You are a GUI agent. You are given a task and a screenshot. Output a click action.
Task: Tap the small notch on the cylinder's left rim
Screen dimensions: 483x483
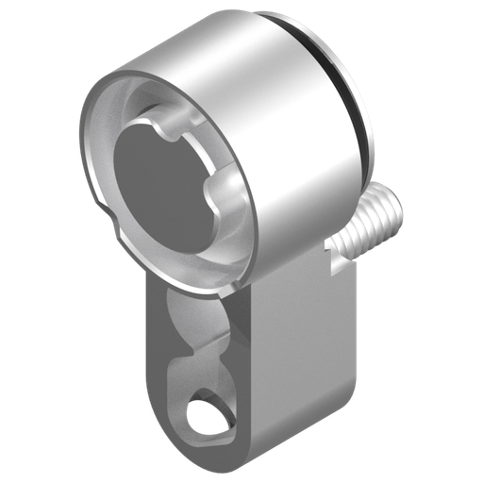click(x=115, y=226)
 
